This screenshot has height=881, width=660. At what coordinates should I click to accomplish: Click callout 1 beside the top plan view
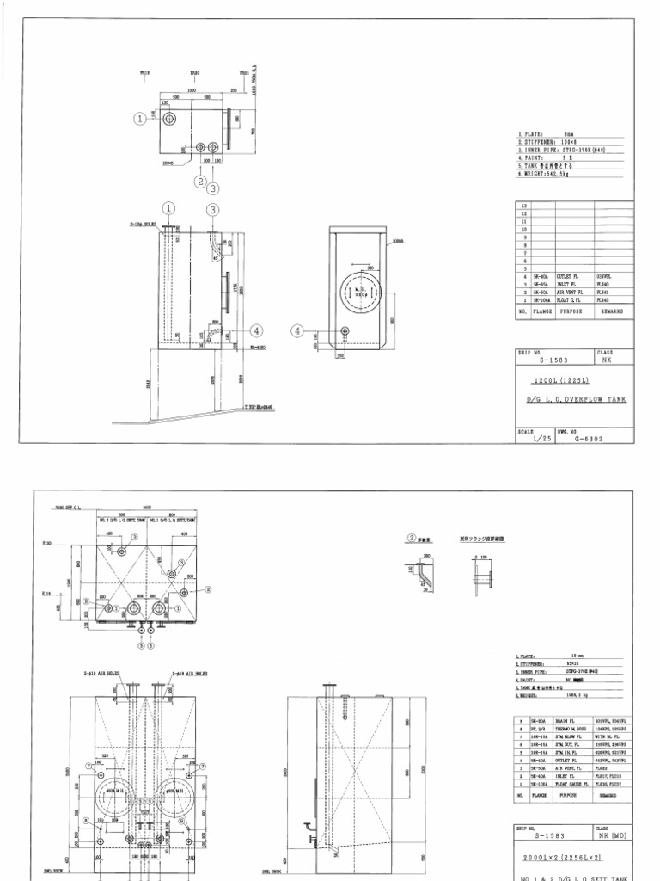click(x=138, y=120)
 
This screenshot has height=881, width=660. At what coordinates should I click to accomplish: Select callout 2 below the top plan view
click(x=199, y=181)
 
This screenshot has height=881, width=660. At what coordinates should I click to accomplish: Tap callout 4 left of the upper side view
click(x=298, y=330)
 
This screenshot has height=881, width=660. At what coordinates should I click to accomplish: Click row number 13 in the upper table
click(x=524, y=207)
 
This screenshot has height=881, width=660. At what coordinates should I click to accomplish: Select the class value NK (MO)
click(x=611, y=833)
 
